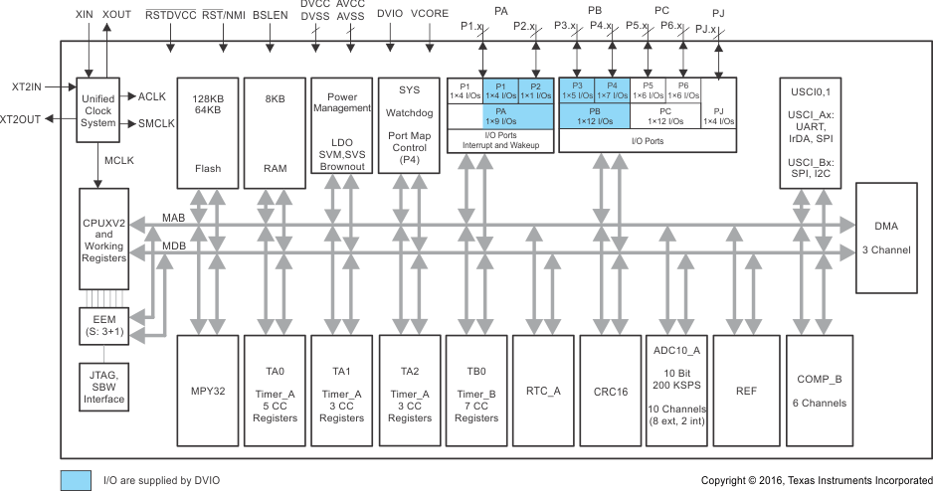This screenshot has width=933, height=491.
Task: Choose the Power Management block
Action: point(341,125)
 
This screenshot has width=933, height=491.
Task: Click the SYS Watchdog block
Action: point(409,125)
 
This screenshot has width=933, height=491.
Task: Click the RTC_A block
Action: point(543,392)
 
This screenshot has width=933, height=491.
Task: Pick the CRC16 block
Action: point(611,392)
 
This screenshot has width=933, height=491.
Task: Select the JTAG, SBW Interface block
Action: point(104,386)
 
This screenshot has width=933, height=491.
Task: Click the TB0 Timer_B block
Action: point(475,392)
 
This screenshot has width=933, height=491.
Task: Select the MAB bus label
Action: point(174,218)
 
